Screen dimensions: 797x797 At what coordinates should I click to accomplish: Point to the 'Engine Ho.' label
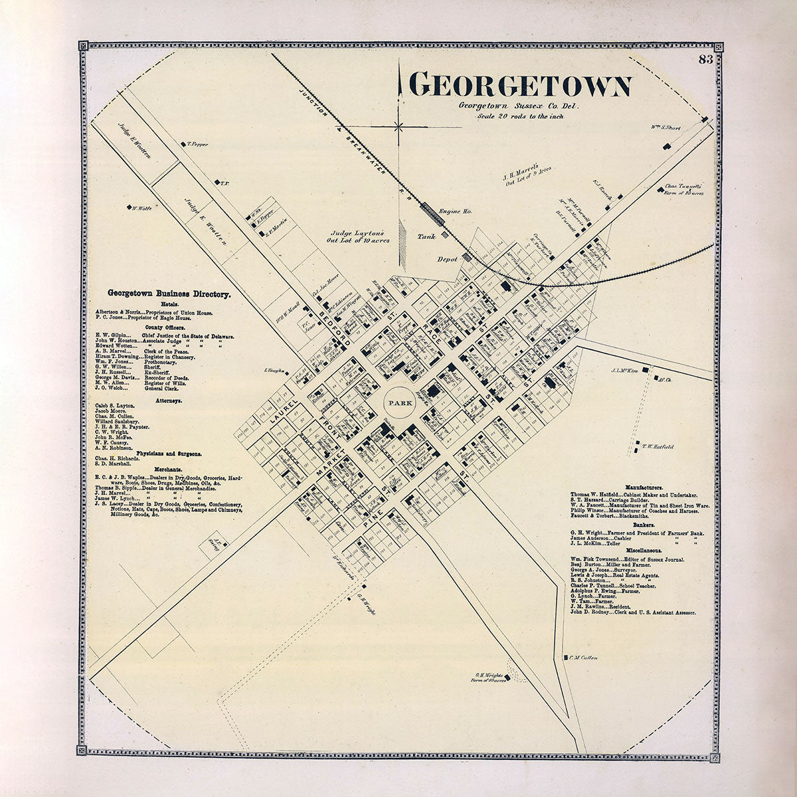[455, 211]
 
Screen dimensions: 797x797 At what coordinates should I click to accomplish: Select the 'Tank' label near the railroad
[426, 236]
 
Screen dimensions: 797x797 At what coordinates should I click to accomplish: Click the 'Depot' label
[448, 259]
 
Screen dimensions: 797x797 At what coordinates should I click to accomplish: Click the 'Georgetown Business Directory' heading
[169, 293]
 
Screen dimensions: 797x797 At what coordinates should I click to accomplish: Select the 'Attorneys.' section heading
[169, 401]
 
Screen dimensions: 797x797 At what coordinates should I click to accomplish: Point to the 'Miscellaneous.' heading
[636, 551]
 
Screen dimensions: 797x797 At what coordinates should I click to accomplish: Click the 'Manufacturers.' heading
[636, 487]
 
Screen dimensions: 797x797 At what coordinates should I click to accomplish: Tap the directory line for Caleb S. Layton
[116, 404]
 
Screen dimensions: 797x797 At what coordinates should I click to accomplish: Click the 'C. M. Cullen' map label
[583, 658]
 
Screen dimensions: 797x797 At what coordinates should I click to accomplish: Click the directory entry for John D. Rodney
[632, 610]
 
